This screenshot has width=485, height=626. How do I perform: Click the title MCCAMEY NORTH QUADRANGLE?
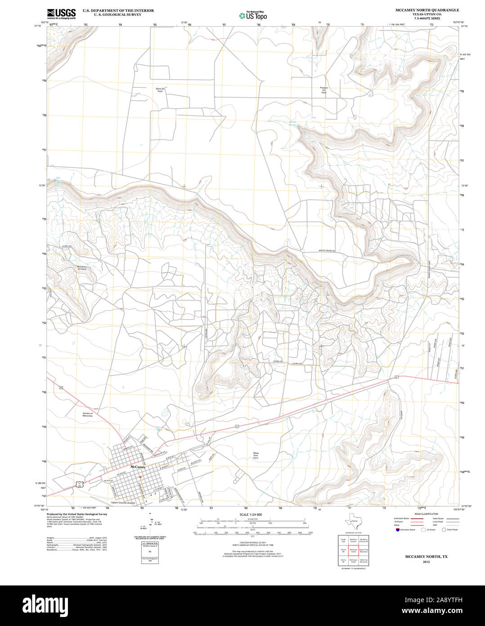tap(421, 10)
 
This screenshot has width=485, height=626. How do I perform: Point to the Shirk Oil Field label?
tap(160, 90)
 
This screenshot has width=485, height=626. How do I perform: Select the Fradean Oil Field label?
tap(324, 90)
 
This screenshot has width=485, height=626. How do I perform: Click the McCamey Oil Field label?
tap(82, 269)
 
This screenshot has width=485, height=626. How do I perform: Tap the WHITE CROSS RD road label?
tap(327, 251)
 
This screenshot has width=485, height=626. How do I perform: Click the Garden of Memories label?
tap(87, 414)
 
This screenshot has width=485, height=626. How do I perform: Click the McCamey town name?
tap(137, 467)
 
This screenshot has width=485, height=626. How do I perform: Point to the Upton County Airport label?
tap(123, 503)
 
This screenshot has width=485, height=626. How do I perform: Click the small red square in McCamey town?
tap(140, 478)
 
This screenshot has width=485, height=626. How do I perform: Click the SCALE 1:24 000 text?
tap(251, 514)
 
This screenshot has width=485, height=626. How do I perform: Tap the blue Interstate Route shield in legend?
tap(396, 530)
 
